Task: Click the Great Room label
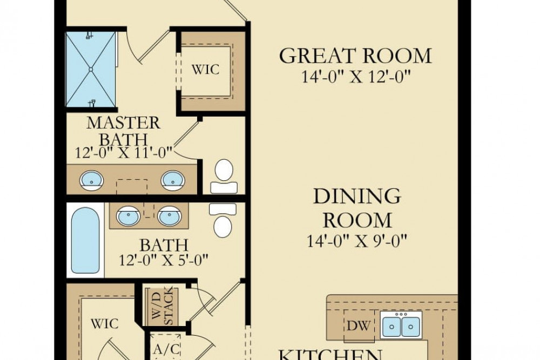pos(355,56)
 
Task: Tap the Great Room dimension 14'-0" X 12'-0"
pos(356,77)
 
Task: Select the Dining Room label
pos(357,208)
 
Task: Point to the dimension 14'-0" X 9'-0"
pos(357,241)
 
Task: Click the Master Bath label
pos(123,131)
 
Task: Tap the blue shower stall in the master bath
pos(91,70)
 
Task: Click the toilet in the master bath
pos(224,176)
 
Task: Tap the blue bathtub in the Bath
pos(85,240)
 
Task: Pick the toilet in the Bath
pos(222,220)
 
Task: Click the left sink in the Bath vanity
pos(128,216)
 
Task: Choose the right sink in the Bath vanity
pos(170,216)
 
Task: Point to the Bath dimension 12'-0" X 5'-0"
pos(164,260)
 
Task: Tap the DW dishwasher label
pos(359,325)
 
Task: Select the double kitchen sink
pos(402,325)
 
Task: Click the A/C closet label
pos(166,349)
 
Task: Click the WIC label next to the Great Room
pos(205,70)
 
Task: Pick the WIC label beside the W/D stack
pos(105,323)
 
